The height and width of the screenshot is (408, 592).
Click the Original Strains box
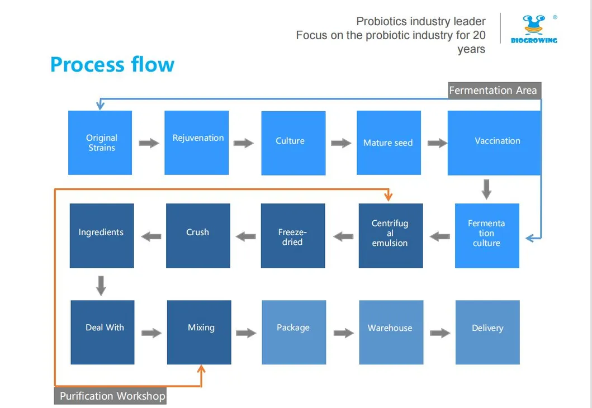100,143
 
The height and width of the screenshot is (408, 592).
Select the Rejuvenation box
197,143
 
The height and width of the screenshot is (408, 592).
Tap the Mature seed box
389,143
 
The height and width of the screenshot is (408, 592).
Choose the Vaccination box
494,143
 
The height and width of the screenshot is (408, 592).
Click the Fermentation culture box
487,235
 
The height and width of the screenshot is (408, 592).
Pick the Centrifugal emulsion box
391,235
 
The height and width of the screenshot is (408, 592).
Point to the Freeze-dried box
293,235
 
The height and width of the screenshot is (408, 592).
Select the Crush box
198,235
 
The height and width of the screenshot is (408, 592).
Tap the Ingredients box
102,235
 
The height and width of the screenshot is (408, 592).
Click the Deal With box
103,332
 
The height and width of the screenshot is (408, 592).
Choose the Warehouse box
391,332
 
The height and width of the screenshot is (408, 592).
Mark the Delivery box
487,332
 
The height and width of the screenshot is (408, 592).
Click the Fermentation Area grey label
494,91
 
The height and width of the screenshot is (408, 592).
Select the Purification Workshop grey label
111,396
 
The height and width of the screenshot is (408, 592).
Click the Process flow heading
112,64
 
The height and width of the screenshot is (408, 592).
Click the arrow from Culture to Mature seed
341,143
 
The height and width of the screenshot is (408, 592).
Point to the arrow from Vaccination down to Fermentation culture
486,189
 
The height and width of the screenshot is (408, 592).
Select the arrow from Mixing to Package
246,333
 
